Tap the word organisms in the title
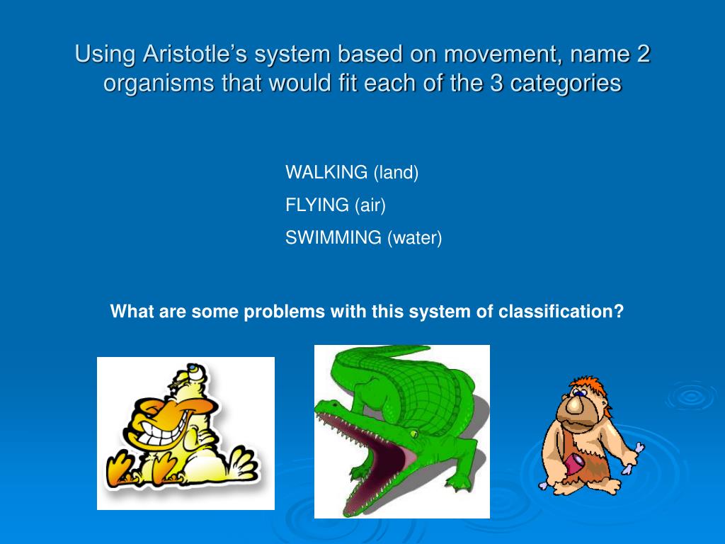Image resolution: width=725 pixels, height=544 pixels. click(x=149, y=84)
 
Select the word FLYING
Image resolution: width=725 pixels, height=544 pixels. click(x=317, y=205)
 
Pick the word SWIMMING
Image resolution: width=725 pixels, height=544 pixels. click(x=333, y=238)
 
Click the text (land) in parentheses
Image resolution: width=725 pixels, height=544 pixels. click(x=396, y=172)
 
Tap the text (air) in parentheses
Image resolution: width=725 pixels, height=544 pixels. click(x=370, y=205)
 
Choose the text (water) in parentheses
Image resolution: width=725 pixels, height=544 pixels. click(x=414, y=238)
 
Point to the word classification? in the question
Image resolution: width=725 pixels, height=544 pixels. click(x=561, y=312)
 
